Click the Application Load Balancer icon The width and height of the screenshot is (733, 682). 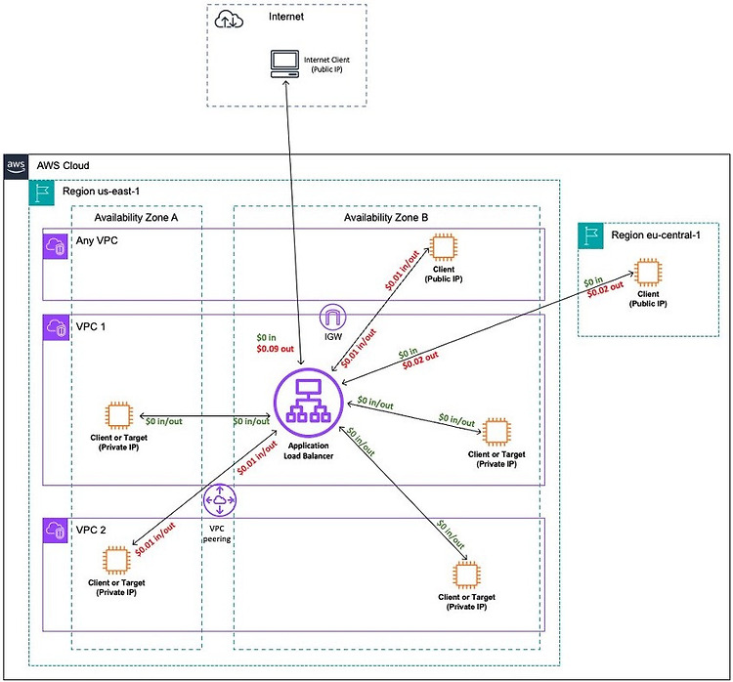(309, 403)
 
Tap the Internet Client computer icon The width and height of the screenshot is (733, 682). (284, 64)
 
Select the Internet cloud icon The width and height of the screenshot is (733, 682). (229, 21)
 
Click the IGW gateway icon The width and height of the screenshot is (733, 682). (333, 317)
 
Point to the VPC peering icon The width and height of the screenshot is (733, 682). (220, 500)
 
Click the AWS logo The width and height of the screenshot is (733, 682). (16, 167)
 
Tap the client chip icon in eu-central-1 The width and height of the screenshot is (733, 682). (647, 272)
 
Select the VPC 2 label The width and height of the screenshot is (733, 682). (91, 531)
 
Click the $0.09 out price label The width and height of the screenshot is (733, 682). (275, 349)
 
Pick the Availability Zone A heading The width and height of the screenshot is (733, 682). (136, 217)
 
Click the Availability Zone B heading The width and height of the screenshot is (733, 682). (386, 217)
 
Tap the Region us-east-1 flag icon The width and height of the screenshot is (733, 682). (42, 192)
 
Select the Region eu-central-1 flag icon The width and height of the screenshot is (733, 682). (591, 235)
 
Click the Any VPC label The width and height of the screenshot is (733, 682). (97, 240)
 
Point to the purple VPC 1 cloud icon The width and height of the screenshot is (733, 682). (56, 327)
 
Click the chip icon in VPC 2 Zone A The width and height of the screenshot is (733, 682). (116, 560)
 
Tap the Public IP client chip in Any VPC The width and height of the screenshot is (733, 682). (443, 247)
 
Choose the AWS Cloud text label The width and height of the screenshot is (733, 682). (64, 165)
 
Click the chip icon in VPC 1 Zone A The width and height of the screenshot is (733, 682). (118, 415)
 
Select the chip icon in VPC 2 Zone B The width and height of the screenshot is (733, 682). (466, 575)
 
